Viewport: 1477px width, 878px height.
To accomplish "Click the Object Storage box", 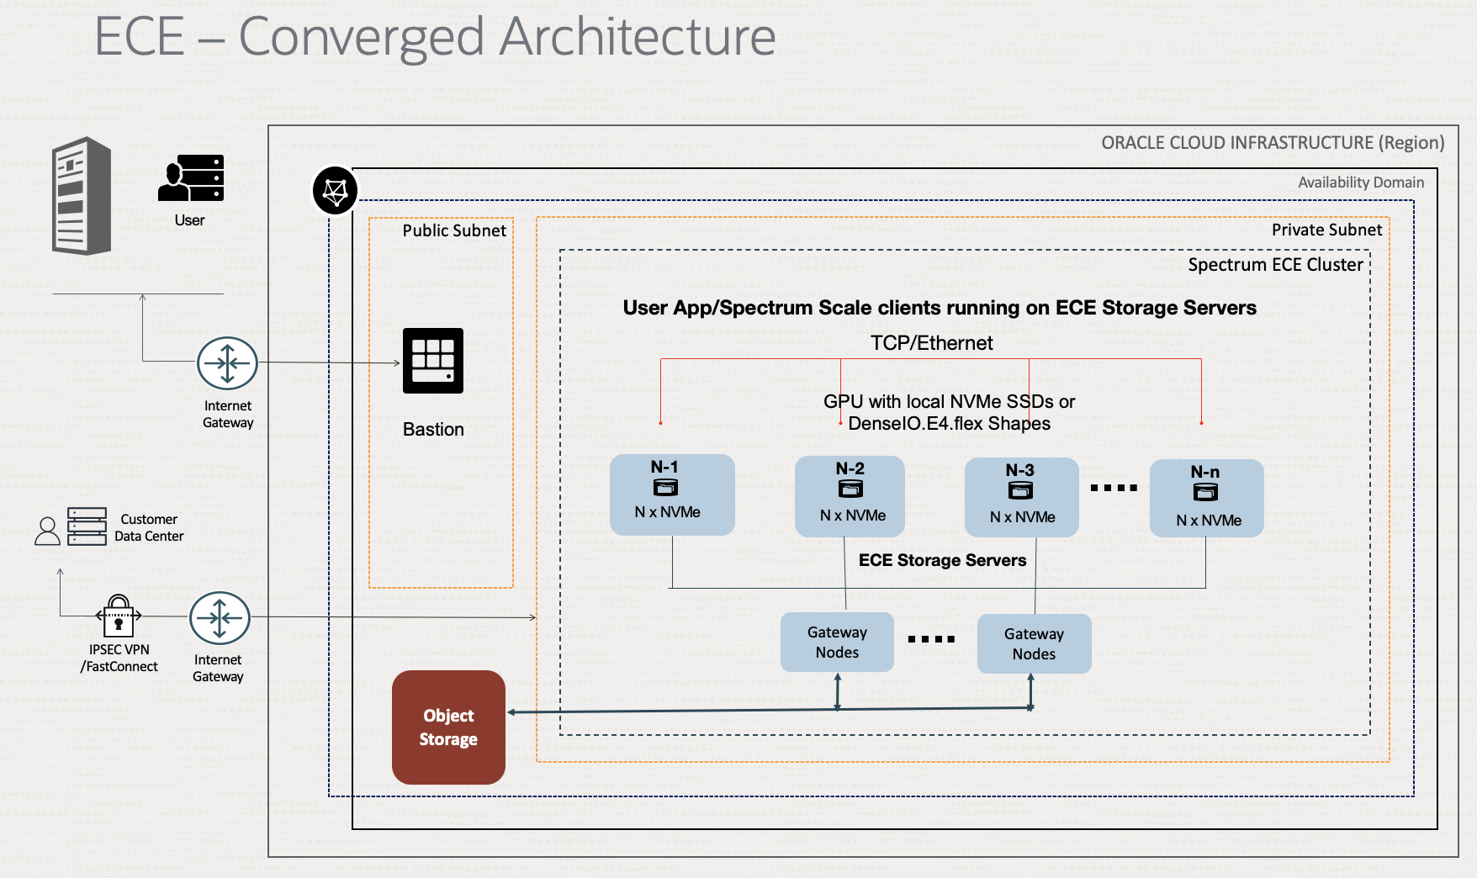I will coord(448,727).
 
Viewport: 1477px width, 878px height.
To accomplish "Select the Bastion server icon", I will coord(433,361).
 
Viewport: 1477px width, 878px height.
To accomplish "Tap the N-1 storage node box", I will coord(672,495).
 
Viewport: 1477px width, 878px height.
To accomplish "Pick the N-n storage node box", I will coord(1206,497).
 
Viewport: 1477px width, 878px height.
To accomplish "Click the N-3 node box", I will coord(1021,496).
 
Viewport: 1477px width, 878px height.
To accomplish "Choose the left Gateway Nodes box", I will coord(837,642).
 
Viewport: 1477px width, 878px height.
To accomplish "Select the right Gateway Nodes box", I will coord(1034,643).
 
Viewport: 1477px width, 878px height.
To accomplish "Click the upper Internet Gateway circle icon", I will coord(227,363).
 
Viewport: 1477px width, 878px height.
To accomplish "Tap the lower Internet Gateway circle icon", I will coord(220,617).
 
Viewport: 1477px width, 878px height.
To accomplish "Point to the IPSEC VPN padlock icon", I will coord(119,616).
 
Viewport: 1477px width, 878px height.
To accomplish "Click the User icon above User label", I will coord(191,177).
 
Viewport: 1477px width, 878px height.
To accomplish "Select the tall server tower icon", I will coord(82,196).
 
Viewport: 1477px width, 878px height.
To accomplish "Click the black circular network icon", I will coord(335,190).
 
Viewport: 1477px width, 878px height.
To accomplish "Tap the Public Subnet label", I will coord(454,230).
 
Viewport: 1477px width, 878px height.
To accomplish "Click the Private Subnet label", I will coord(1326,230).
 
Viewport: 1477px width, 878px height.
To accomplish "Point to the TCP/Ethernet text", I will coord(931,343).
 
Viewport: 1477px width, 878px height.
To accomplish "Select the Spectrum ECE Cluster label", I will coord(1275,265).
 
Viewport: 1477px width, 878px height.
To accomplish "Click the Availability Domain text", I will coord(1360,182).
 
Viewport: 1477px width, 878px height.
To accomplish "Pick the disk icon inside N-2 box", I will coord(850,489).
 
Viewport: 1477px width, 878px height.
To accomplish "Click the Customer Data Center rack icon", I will coord(87,526).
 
